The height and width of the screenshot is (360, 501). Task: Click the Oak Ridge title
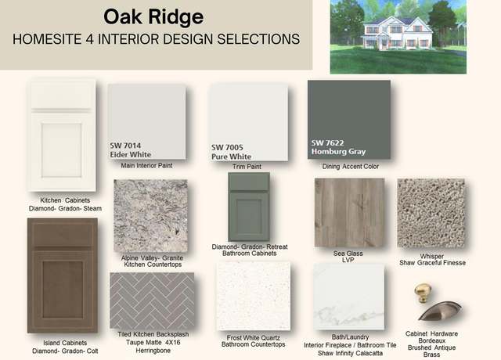(153, 17)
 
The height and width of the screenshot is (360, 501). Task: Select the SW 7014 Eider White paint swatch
(146, 122)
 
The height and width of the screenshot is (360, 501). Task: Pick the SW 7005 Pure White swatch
(248, 123)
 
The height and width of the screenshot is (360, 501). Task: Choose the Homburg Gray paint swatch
(349, 120)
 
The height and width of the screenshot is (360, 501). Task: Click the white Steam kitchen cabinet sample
(62, 135)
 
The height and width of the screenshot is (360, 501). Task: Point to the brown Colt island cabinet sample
(63, 275)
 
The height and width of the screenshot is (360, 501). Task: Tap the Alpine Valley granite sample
(150, 216)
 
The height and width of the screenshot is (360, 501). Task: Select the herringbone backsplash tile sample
(152, 301)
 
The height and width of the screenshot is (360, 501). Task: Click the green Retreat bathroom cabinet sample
(249, 207)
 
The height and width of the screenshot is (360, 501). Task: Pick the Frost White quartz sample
(254, 296)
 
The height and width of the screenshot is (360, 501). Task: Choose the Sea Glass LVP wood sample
(350, 213)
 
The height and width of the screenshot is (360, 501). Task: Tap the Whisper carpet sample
(431, 214)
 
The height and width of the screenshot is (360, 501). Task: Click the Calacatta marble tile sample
(349, 297)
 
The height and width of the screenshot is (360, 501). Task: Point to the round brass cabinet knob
(423, 293)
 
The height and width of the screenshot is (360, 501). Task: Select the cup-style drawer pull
(440, 311)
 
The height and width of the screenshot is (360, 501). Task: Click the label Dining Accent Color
(351, 167)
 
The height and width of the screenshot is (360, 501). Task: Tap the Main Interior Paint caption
(146, 165)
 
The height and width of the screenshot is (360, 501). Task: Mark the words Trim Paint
(247, 167)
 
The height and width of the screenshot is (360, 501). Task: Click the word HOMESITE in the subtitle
(47, 39)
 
